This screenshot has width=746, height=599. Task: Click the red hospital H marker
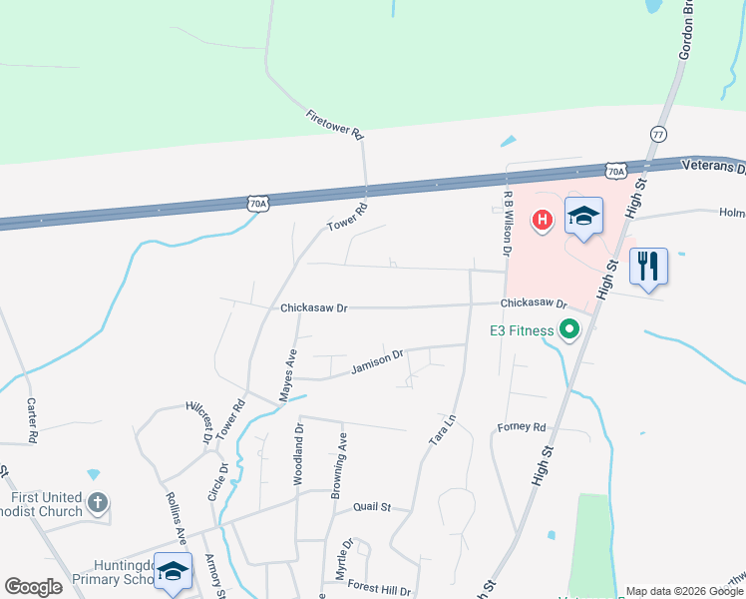tap(543, 219)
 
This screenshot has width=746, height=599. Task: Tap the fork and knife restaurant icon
tap(648, 266)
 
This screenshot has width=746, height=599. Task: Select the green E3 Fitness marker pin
tap(569, 329)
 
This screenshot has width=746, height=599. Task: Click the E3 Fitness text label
tap(521, 330)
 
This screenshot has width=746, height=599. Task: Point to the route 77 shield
tap(657, 133)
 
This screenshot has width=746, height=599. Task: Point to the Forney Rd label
tap(522, 427)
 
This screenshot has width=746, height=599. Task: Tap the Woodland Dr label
tap(298, 453)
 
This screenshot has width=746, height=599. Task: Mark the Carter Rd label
tap(32, 420)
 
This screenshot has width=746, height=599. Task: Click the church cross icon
tap(98, 502)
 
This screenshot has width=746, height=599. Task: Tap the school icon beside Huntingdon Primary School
tap(173, 571)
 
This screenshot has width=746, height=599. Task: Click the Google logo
tap(33, 587)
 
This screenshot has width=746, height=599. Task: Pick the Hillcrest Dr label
tap(199, 420)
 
